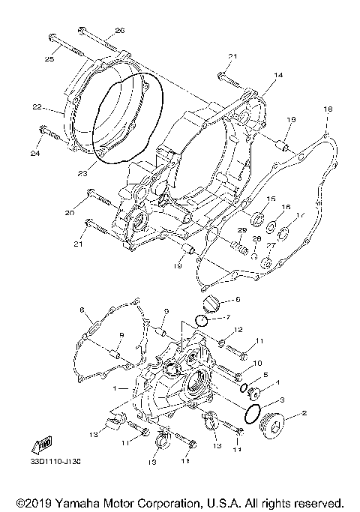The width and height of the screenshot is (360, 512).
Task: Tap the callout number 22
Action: (56, 107)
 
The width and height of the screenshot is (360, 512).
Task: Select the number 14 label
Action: (278, 75)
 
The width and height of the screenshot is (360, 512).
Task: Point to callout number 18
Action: (326, 110)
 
